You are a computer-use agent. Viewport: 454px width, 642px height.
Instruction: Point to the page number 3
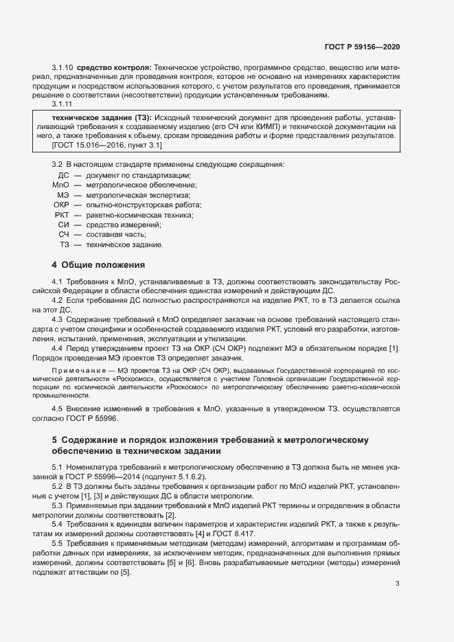coord(398,584)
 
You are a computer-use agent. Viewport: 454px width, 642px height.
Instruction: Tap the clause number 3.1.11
coord(63,104)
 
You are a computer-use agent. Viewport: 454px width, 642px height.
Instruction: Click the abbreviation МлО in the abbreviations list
coord(60,186)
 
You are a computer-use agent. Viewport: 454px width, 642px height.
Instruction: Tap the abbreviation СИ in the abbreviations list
coord(63,225)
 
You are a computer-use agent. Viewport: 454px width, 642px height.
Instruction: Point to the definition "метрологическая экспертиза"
coord(128,196)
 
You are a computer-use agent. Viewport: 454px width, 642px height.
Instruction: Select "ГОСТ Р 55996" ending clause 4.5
coord(95,418)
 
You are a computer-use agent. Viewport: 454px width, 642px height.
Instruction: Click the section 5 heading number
coord(54,440)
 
